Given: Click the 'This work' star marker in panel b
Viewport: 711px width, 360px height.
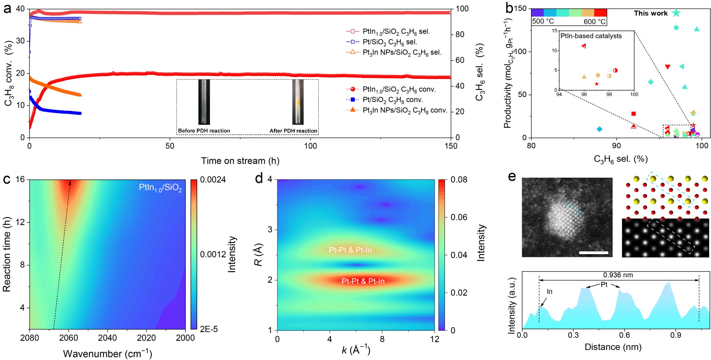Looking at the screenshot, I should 676,13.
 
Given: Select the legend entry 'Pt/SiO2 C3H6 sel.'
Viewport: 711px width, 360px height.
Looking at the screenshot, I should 390,42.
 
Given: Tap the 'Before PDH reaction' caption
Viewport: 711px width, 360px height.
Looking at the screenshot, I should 204,131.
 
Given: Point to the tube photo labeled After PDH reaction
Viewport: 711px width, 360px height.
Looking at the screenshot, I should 298,102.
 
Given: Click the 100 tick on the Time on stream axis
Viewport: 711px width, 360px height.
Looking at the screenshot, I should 310,146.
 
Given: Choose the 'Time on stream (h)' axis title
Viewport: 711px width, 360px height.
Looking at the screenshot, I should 240,161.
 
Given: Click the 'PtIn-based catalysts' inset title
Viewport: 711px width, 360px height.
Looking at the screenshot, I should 591,36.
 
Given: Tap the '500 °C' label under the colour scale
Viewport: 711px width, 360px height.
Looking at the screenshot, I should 543,22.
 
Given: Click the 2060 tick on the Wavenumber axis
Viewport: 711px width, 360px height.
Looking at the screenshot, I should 68,338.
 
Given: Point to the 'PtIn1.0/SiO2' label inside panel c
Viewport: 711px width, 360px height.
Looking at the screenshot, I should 160,188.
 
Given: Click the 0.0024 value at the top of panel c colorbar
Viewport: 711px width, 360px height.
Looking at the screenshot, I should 213,180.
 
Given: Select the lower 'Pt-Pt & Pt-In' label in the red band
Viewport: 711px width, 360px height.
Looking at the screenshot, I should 363,281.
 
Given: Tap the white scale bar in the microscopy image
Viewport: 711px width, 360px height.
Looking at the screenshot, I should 593,253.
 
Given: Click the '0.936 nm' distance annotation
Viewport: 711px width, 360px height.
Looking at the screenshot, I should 618,275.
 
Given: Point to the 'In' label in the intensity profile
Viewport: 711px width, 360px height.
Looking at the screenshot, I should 549,292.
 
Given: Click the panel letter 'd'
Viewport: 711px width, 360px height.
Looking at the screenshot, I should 259,178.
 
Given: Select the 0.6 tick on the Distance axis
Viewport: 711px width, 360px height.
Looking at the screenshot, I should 624,335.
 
